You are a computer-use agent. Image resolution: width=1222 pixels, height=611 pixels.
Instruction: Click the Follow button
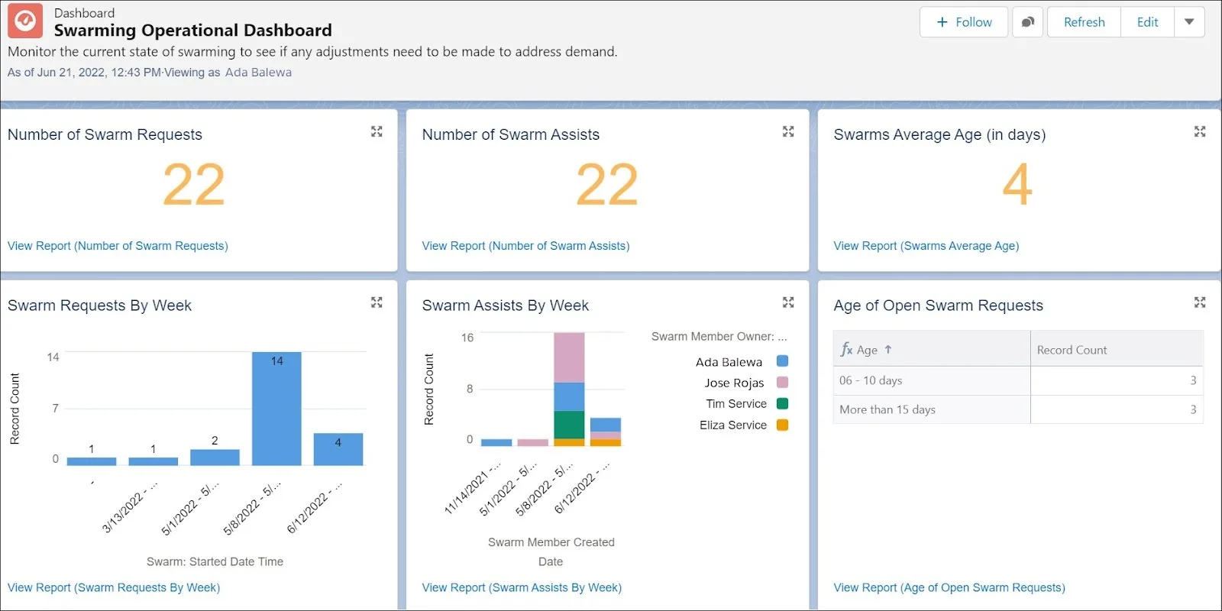(964, 22)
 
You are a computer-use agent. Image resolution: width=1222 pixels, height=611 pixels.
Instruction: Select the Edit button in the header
(1147, 22)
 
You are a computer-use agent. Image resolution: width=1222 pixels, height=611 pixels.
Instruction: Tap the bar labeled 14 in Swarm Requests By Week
(276, 409)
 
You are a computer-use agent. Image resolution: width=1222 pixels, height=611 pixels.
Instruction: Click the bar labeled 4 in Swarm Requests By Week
(338, 449)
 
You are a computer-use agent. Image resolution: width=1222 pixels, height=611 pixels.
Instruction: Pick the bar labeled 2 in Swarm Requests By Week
(215, 457)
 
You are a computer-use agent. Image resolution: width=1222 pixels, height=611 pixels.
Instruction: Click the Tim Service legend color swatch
(782, 404)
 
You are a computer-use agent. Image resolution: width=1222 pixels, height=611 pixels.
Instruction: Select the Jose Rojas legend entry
(734, 383)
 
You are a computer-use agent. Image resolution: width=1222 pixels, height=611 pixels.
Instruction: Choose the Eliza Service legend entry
(733, 425)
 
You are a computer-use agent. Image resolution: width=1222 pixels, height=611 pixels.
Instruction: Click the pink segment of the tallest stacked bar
(569, 357)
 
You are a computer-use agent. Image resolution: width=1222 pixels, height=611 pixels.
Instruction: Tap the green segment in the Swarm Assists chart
(569, 425)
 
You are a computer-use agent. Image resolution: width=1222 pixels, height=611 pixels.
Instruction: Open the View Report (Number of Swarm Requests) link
(118, 246)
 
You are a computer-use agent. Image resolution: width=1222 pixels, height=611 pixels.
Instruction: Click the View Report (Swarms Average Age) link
(926, 246)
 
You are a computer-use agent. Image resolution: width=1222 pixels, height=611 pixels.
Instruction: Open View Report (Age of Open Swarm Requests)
(949, 587)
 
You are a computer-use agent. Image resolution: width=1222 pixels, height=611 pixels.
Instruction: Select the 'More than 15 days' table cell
(887, 409)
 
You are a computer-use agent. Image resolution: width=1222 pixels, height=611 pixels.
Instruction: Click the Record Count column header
(1072, 350)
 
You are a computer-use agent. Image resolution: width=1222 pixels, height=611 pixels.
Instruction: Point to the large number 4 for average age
(1017, 184)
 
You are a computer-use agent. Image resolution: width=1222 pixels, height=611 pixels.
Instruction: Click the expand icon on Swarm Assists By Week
(788, 303)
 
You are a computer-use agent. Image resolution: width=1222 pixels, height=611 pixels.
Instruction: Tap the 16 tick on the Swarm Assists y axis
(467, 338)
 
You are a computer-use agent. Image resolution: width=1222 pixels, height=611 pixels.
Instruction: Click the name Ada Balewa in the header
(258, 73)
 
